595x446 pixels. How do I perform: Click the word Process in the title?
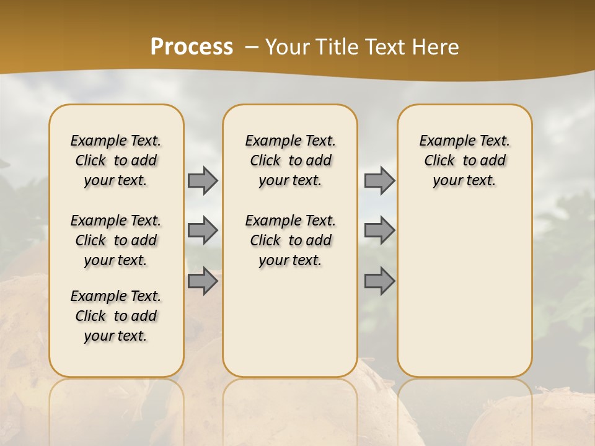192,46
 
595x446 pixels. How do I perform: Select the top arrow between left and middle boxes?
203,180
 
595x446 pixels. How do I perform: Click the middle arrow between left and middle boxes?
203,230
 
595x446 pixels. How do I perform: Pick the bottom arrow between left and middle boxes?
203,281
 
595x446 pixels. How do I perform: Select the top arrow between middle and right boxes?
379,180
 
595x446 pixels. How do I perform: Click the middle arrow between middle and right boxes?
379,230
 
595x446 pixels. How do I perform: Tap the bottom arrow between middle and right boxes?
379,281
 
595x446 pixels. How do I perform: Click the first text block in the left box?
116,160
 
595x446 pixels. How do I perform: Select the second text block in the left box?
116,240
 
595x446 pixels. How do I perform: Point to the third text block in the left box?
116,316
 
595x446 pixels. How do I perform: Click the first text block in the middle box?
290,160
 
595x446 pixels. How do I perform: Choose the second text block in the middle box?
290,240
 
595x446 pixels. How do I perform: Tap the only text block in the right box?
465,160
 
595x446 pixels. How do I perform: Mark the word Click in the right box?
439,161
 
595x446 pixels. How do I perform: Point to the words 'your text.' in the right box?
465,181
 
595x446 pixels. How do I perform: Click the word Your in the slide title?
287,46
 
